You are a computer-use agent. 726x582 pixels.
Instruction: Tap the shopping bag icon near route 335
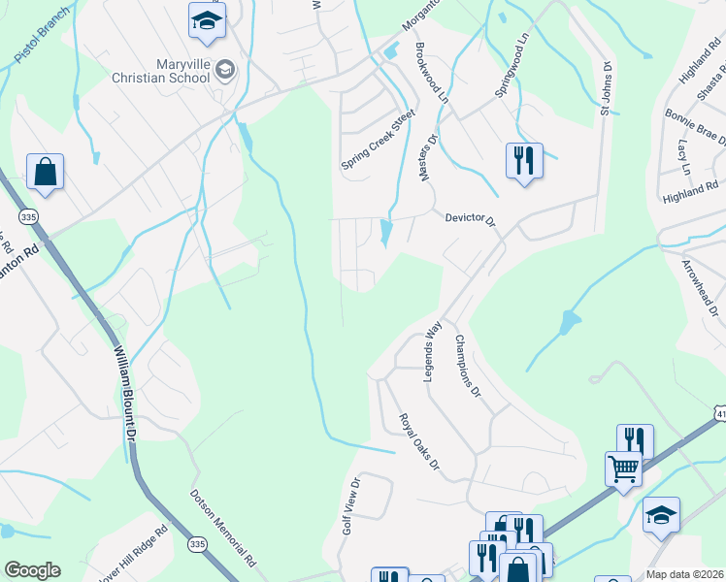click(45, 174)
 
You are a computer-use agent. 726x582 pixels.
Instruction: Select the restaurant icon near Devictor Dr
click(524, 161)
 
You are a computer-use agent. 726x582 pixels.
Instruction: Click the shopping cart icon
click(624, 469)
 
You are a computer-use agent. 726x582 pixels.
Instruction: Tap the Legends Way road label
click(432, 350)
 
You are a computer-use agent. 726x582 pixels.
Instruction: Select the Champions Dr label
click(467, 367)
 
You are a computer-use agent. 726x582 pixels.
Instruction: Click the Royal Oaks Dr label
click(420, 444)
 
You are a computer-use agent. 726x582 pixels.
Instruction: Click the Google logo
click(31, 570)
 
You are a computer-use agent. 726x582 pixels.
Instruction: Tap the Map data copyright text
click(684, 574)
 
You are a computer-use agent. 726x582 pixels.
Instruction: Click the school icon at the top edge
click(207, 21)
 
